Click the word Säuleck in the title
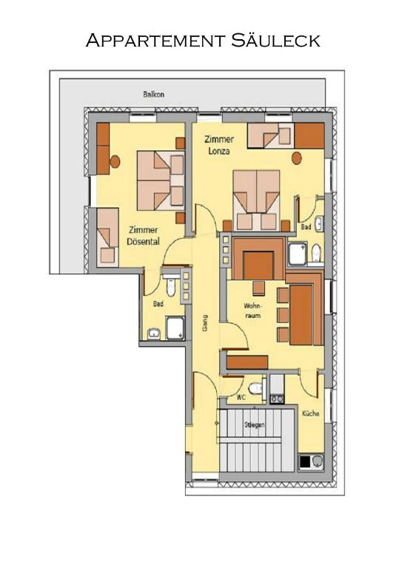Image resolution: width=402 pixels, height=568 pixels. (x=275, y=40)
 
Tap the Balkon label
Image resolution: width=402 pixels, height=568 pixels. (x=154, y=95)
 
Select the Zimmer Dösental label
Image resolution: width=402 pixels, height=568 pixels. (x=143, y=236)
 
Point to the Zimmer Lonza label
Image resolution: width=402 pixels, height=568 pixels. (x=219, y=145)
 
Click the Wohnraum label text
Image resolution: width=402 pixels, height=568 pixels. (x=252, y=311)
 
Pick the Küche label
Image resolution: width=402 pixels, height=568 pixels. (x=311, y=413)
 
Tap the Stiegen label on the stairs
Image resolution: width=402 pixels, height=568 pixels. (x=255, y=425)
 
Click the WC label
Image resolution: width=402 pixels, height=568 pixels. (x=241, y=397)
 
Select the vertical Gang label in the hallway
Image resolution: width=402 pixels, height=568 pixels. (x=205, y=322)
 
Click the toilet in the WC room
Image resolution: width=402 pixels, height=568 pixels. (x=256, y=388)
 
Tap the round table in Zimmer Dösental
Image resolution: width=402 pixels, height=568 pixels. (x=115, y=161)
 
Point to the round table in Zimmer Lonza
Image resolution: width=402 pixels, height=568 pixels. (x=297, y=158)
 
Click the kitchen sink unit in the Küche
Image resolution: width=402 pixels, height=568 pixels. (x=312, y=461)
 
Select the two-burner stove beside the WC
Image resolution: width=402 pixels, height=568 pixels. (x=277, y=390)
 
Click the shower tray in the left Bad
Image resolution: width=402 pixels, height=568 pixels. (x=175, y=328)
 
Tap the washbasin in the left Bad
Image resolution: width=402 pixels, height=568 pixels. (x=154, y=334)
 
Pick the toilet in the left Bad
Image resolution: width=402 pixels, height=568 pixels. (x=171, y=287)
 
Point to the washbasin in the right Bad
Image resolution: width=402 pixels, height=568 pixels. (x=319, y=224)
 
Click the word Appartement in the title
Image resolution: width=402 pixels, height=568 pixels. (x=155, y=40)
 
